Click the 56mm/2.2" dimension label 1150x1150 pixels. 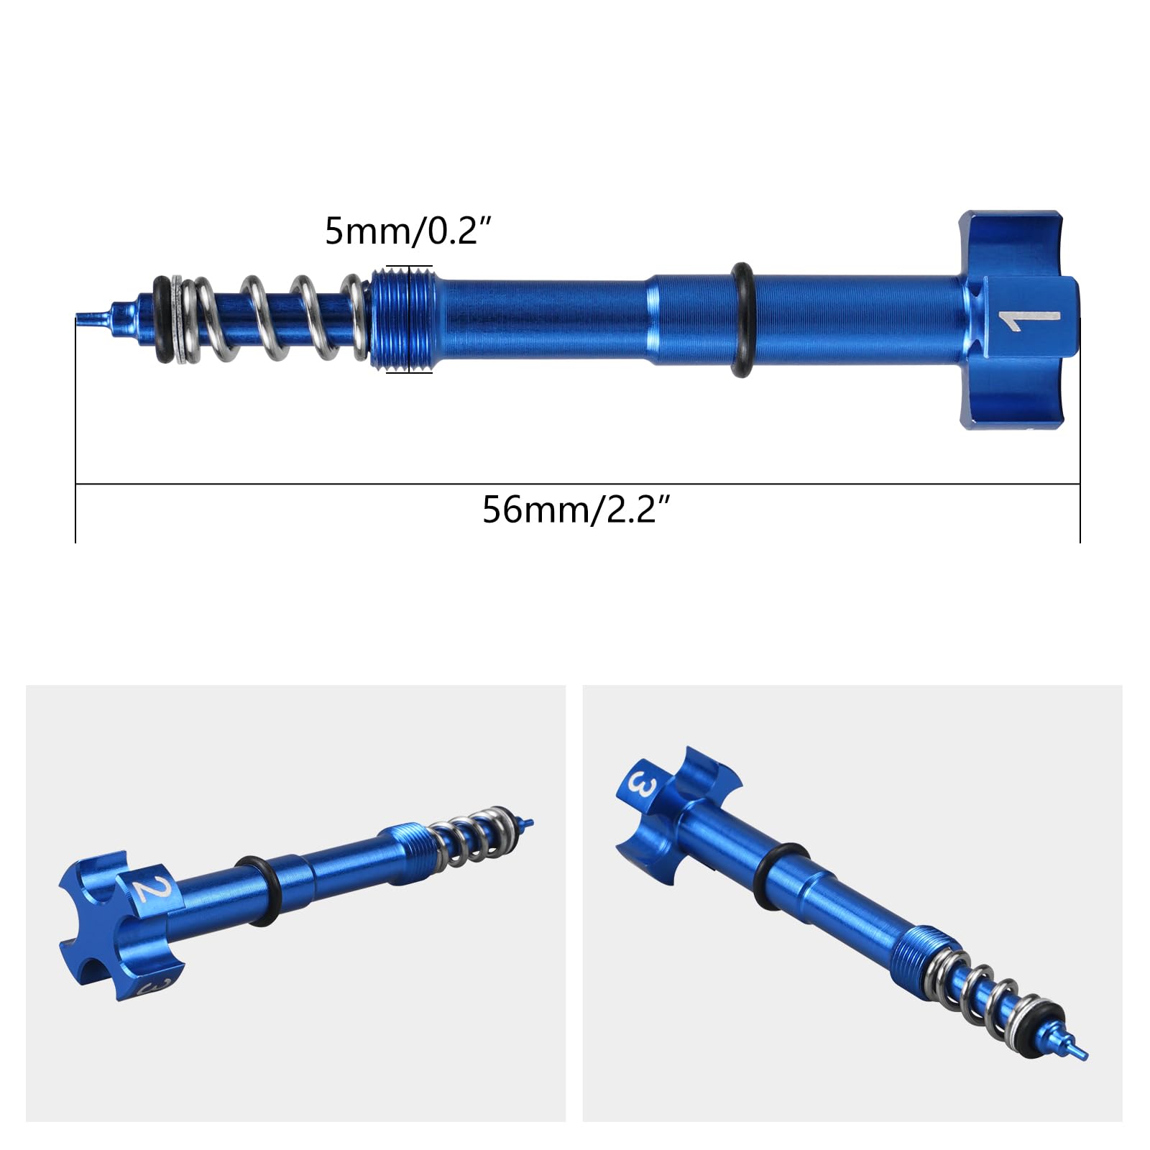tap(576, 510)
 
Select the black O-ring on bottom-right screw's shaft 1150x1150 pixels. tap(783, 875)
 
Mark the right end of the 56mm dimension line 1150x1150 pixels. tap(1080, 484)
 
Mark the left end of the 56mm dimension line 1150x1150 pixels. tap(76, 484)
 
